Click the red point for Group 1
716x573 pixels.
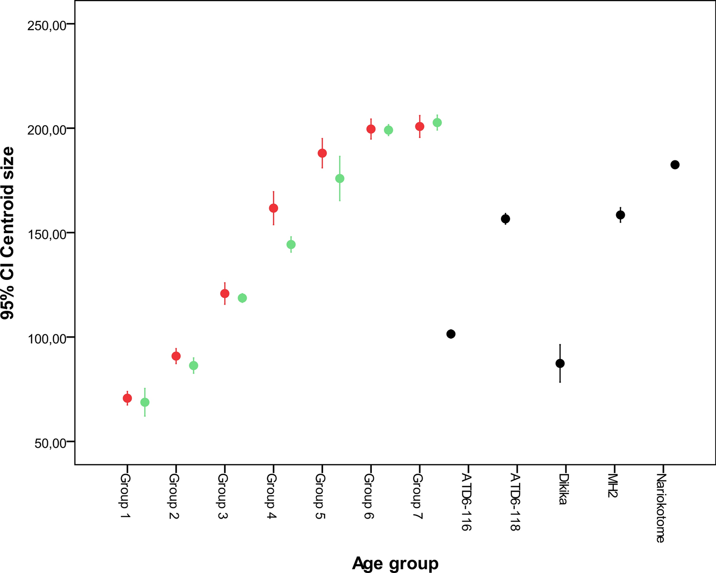[127, 398]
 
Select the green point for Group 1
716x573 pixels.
[145, 402]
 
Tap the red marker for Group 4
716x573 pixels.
[273, 208]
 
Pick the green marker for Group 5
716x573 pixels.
[340, 179]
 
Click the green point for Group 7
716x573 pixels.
[437, 123]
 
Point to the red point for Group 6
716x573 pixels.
[371, 129]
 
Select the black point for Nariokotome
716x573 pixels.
[675, 165]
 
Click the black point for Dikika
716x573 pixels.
[560, 363]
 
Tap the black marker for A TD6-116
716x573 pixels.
[451, 334]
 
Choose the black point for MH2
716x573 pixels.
[620, 215]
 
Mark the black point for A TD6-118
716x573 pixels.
[506, 219]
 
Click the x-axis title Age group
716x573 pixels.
[395, 563]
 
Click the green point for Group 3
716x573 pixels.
[242, 298]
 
